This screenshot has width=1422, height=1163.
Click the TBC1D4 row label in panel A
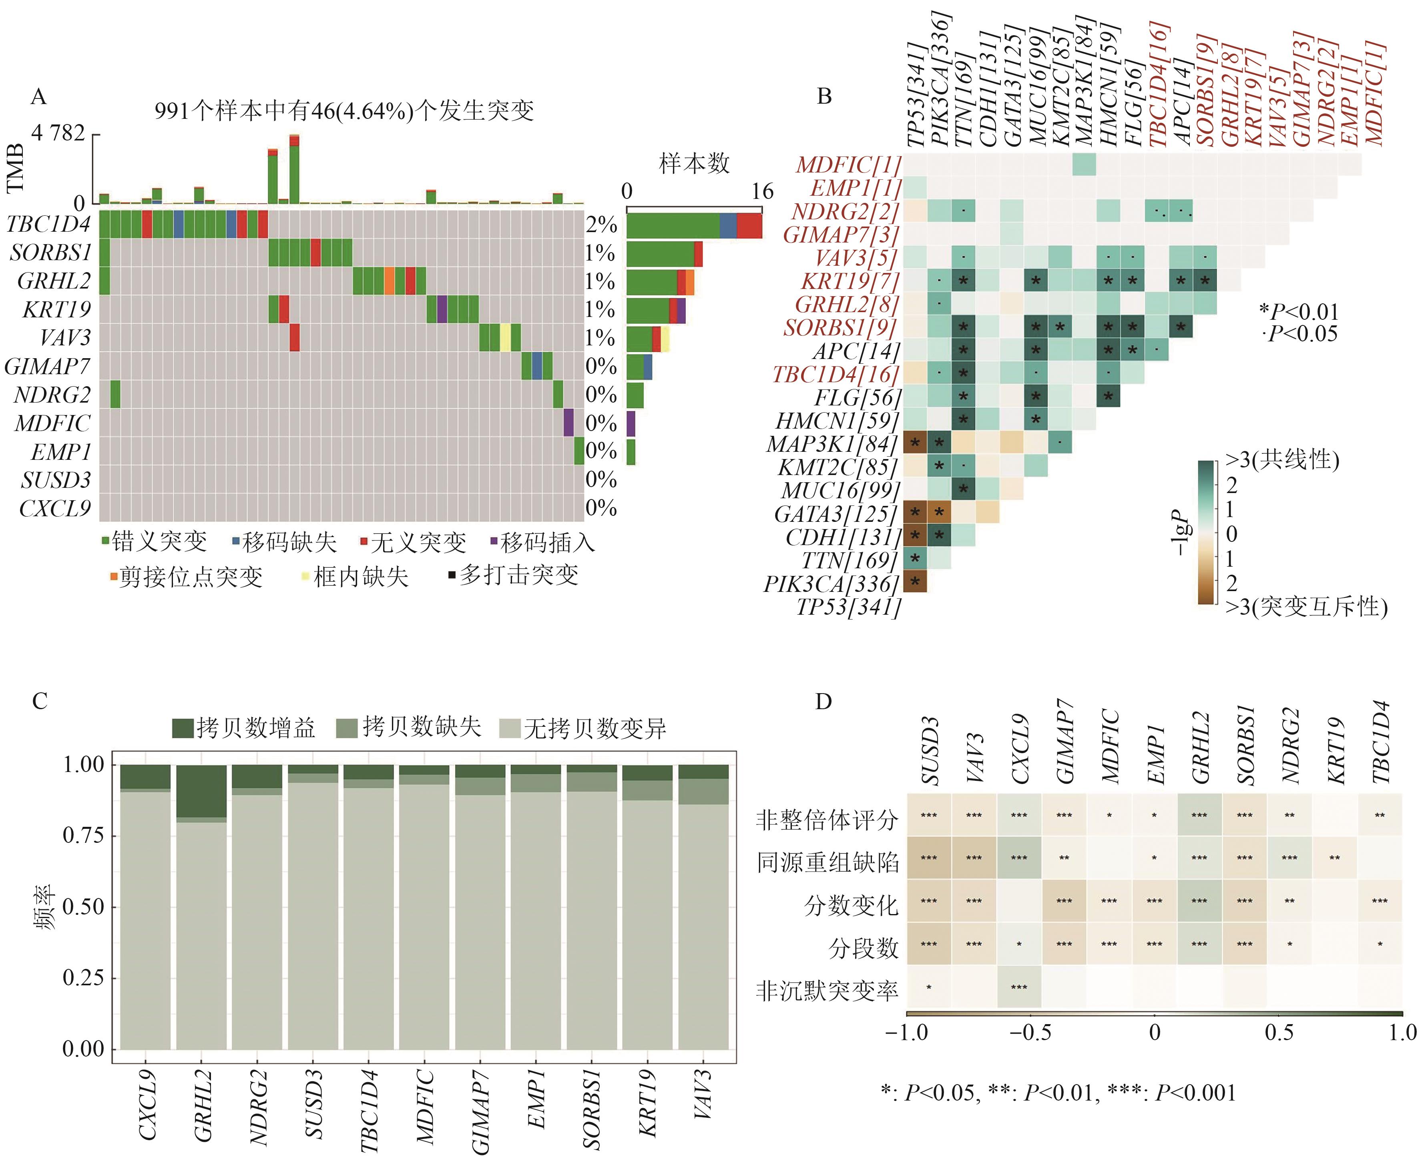pos(48,225)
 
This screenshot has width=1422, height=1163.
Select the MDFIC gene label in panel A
pos(52,423)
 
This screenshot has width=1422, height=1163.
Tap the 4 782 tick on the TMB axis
pos(58,133)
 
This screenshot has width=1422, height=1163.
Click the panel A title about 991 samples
pos(344,110)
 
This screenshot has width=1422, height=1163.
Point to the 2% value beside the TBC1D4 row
pos(601,225)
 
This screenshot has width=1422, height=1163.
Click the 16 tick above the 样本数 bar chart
pos(762,192)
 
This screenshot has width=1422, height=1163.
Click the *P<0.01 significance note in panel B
pos(1298,311)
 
